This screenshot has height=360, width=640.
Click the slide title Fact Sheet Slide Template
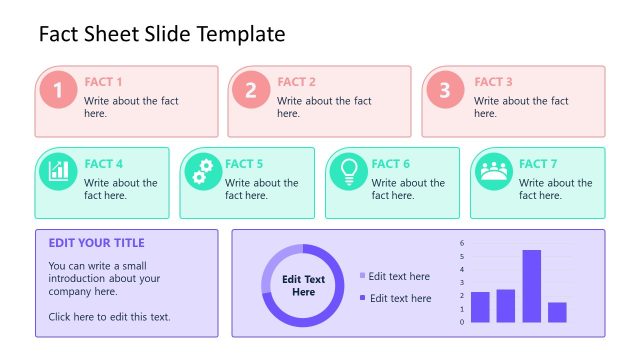162,34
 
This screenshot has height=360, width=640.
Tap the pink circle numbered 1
58,91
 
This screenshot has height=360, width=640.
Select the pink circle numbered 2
251,91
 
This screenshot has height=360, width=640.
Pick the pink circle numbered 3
445,91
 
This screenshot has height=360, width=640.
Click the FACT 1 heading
104,82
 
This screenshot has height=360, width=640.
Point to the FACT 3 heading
493,82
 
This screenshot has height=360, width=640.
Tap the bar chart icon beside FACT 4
58,171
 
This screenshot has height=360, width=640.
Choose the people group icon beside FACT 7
493,171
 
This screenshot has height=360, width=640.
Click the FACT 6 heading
391,164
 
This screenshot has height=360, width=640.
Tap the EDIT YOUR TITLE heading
96,243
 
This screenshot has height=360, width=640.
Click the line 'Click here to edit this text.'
109,317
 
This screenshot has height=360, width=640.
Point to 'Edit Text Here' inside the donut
303,286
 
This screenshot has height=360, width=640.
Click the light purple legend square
362,276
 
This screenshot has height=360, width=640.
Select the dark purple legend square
362,298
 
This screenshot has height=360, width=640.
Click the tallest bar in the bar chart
532,286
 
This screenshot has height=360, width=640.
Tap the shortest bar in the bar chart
558,312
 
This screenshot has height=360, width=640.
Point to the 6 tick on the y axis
462,243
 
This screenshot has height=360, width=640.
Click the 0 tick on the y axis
462,322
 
